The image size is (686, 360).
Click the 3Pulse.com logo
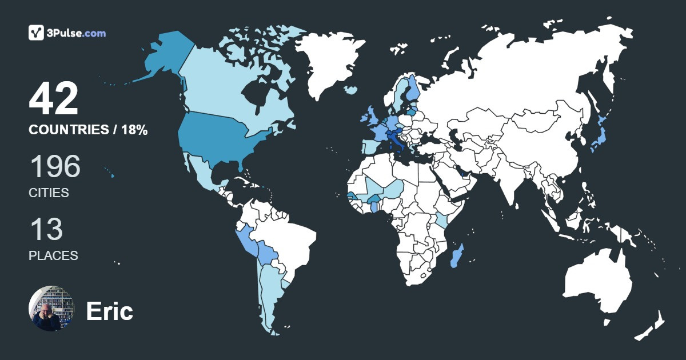(67, 33)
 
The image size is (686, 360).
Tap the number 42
(53, 100)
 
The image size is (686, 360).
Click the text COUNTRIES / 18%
(88, 130)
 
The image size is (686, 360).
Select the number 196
(54, 167)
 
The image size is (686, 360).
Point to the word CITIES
(49, 193)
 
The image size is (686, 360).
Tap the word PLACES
(53, 255)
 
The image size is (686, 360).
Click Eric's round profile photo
(51, 309)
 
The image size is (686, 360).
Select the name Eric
(109, 311)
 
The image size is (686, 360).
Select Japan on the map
(596, 137)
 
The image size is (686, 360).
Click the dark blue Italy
(396, 140)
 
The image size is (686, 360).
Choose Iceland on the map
(351, 90)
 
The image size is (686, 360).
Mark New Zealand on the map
(652, 326)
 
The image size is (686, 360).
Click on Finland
(413, 89)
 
